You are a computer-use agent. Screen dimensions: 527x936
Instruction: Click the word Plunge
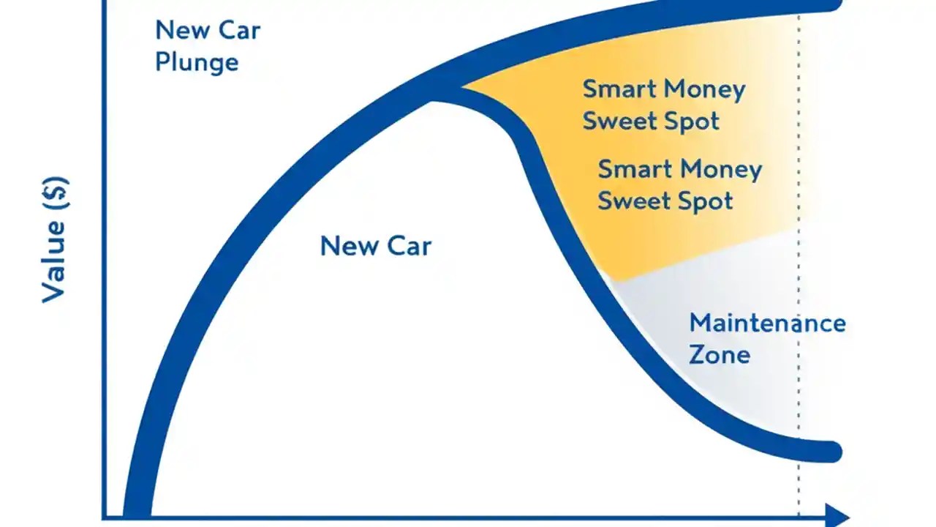[197, 61]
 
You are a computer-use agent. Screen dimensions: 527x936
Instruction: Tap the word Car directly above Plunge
[240, 31]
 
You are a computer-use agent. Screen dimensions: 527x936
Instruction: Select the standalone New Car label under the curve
[375, 246]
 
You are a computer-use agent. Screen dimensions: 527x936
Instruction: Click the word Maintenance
[767, 323]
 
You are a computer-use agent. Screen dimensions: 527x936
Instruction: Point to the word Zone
[720, 355]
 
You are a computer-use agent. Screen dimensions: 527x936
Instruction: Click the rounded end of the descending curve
[831, 452]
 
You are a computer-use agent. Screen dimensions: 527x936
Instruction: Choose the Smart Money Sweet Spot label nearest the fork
[663, 105]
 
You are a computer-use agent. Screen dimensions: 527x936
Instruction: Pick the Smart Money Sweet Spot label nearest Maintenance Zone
[679, 185]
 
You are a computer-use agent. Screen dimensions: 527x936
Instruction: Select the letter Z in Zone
[698, 355]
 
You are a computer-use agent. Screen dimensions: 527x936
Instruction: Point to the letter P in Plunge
[163, 61]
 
